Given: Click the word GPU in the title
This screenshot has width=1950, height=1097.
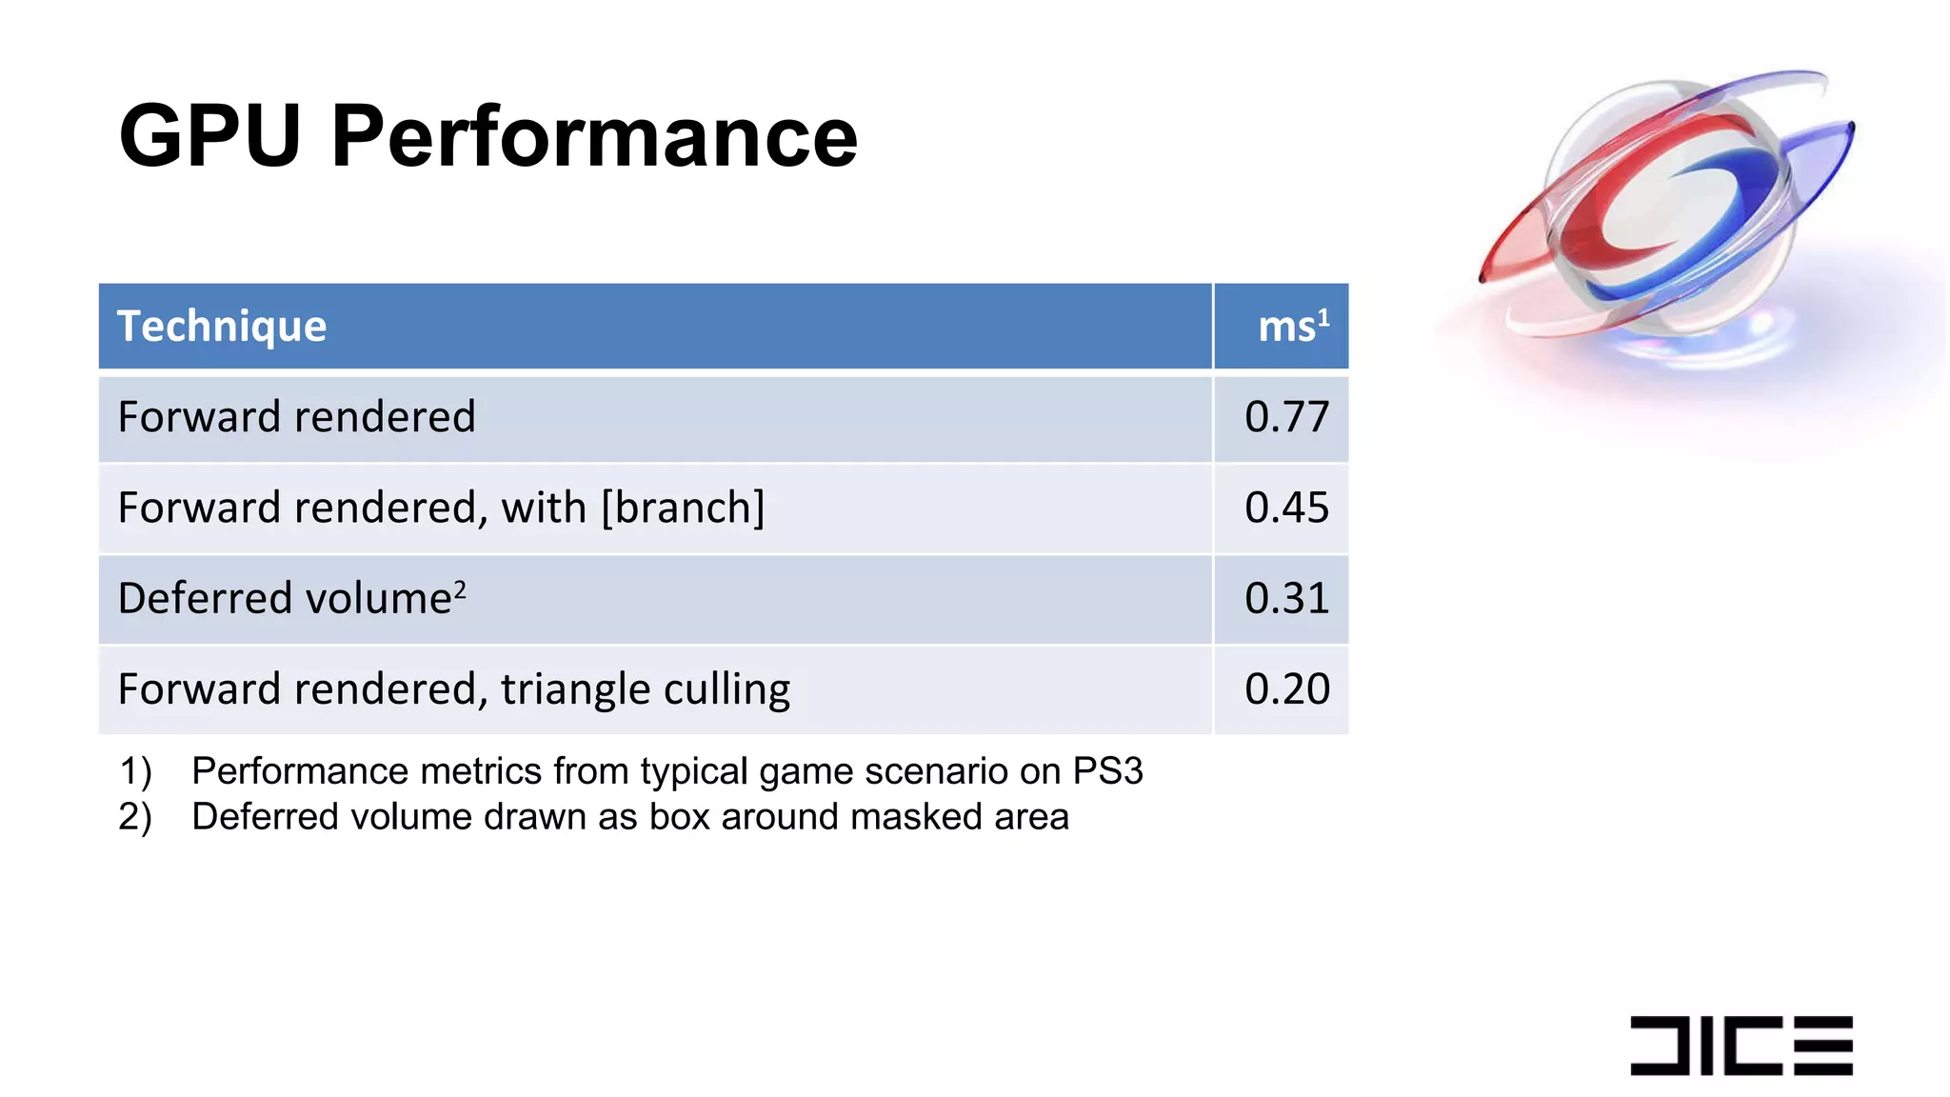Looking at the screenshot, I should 210,137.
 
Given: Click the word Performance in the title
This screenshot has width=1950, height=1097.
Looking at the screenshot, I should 594,137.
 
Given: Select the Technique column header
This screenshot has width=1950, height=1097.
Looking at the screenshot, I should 222,327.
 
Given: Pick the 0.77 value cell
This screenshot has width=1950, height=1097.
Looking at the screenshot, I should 1286,418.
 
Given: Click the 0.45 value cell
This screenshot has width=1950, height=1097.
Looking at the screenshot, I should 1286,509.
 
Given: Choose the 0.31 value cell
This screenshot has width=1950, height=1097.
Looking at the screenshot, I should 1286,599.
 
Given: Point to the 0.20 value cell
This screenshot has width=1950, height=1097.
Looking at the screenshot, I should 1286,689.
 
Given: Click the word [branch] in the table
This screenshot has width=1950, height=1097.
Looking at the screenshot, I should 683,509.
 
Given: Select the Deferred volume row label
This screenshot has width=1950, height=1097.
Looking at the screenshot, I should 284,599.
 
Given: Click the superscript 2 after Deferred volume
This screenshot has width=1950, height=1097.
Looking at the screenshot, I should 460,589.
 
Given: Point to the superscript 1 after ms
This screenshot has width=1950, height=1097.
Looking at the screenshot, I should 1323,317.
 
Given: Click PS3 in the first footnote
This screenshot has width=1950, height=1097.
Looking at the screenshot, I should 1107,771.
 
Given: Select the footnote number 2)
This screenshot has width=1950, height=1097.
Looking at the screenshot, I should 135,817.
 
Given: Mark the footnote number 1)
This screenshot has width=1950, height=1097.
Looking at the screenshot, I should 135,771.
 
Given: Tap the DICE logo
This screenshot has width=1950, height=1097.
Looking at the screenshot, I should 1741,1045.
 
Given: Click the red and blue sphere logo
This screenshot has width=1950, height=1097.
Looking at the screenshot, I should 1666,205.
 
